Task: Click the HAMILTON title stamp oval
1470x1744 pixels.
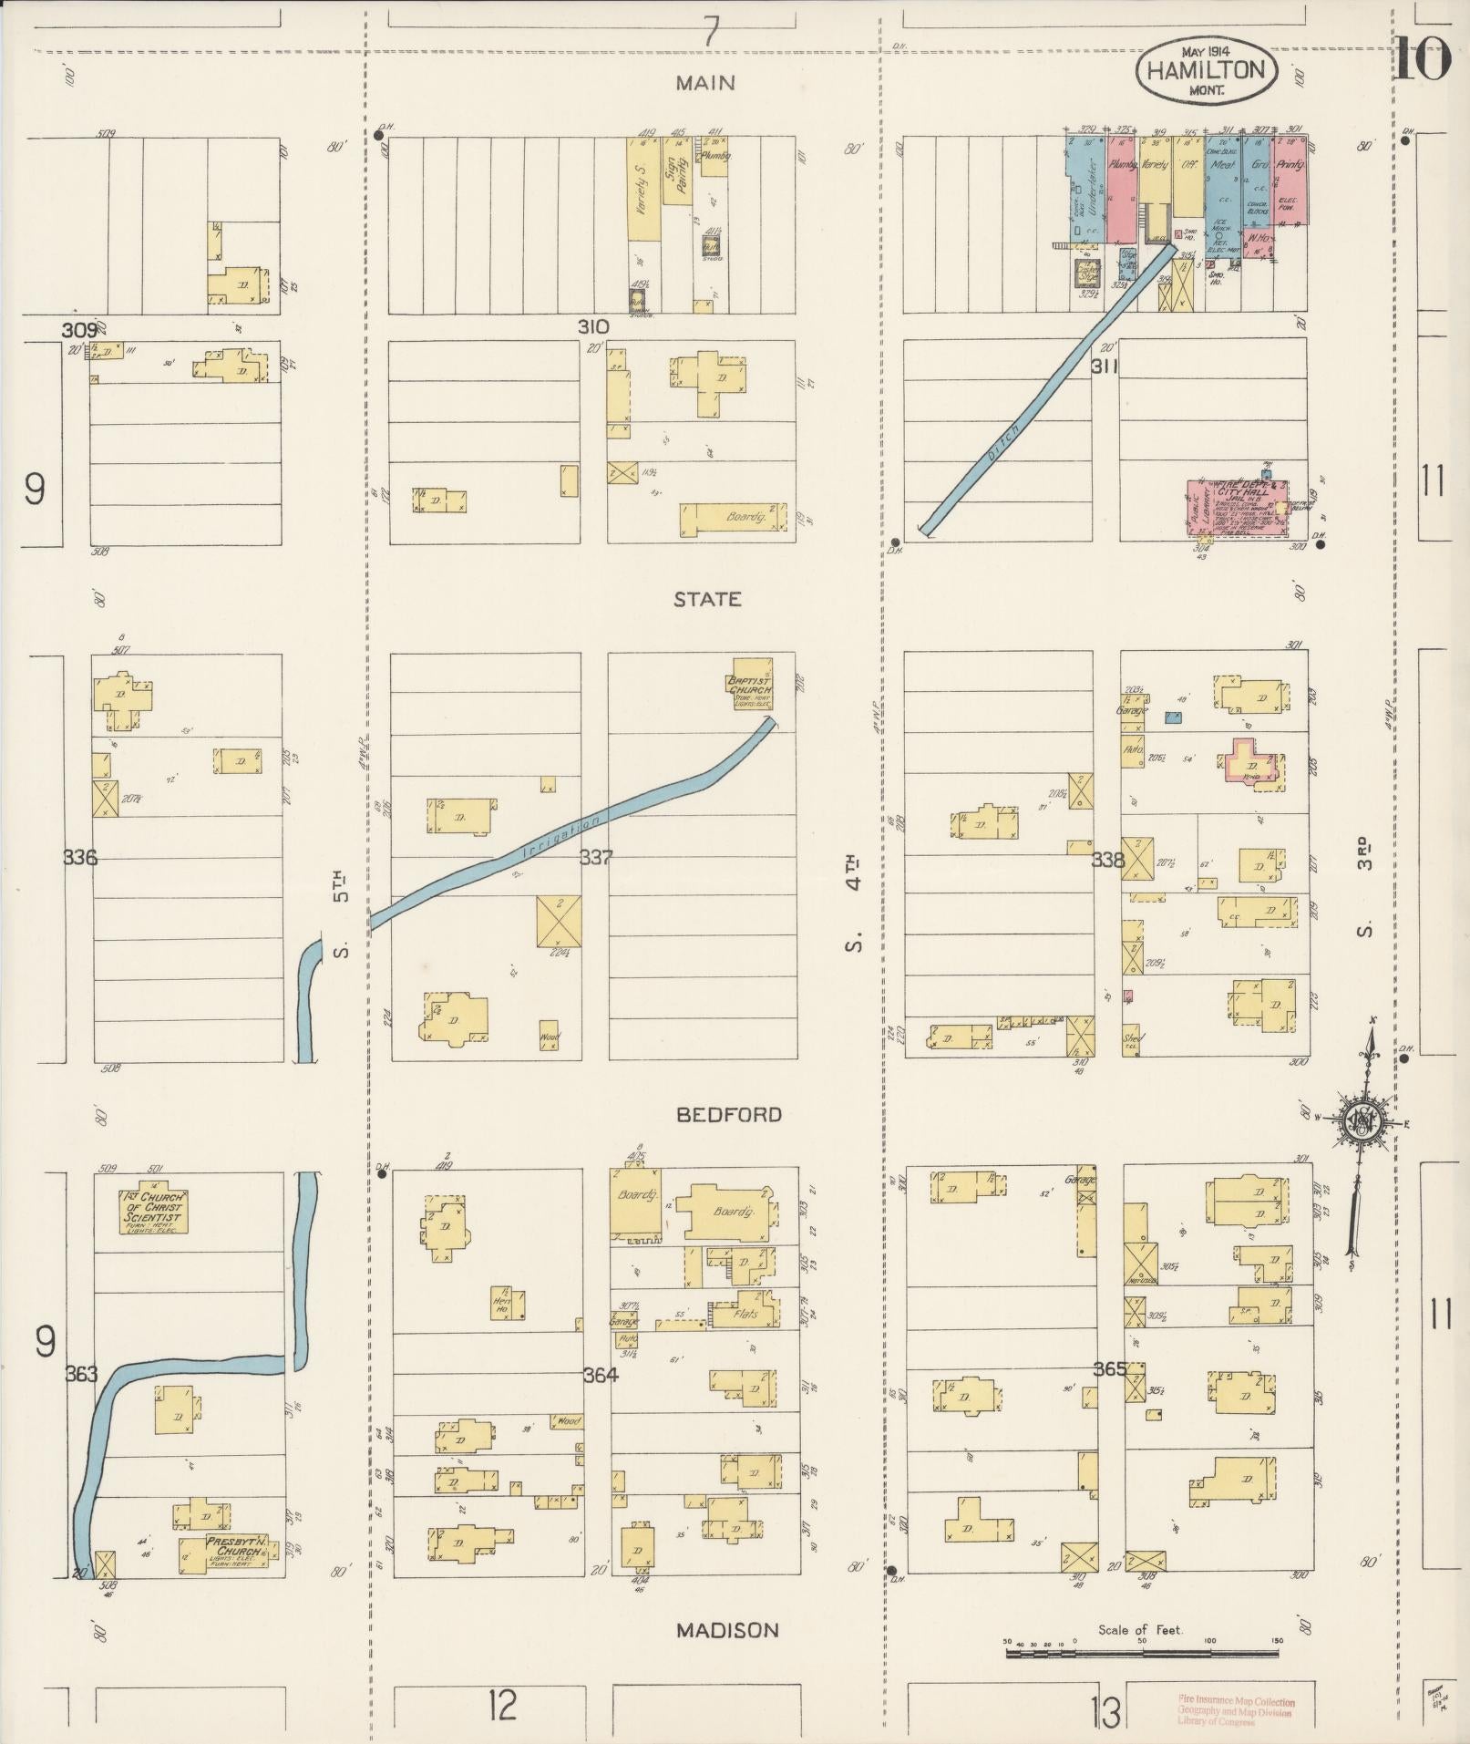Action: pyautogui.click(x=1206, y=69)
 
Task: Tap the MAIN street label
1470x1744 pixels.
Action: pyautogui.click(x=705, y=83)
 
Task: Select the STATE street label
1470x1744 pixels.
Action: pyautogui.click(x=707, y=599)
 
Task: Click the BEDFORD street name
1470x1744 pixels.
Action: pyautogui.click(x=729, y=1114)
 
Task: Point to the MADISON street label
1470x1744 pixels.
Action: pyautogui.click(x=727, y=1629)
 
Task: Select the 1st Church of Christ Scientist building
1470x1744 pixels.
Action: pyautogui.click(x=153, y=1211)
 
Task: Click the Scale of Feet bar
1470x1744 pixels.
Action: pyautogui.click(x=1143, y=1651)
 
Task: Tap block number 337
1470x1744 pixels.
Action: pyautogui.click(x=596, y=858)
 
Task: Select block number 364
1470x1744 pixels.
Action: pyautogui.click(x=601, y=1375)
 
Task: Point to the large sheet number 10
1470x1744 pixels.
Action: pyautogui.click(x=1422, y=62)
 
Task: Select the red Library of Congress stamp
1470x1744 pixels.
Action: pyautogui.click(x=1235, y=1711)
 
